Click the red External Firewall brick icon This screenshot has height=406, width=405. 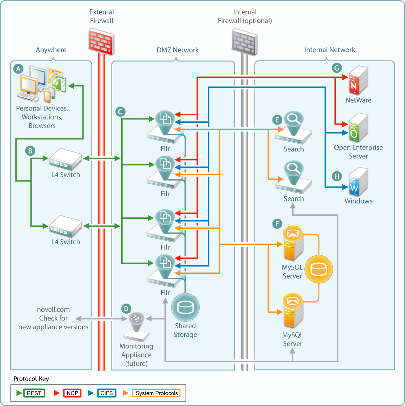click(x=101, y=41)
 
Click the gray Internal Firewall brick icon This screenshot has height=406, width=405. click(x=245, y=42)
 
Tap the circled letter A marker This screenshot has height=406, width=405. click(x=18, y=68)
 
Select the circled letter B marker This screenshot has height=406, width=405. click(x=30, y=151)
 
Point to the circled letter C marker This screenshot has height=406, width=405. click(x=120, y=112)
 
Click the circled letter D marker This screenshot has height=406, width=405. click(x=126, y=309)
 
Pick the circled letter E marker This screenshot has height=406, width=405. click(x=277, y=120)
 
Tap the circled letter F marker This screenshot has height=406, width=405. click(x=277, y=223)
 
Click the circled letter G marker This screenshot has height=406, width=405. click(x=337, y=68)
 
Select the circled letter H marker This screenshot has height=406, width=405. click(x=337, y=176)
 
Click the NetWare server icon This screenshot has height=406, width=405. click(x=358, y=80)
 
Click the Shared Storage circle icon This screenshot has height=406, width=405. click(x=185, y=307)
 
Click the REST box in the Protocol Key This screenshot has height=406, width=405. click(x=34, y=393)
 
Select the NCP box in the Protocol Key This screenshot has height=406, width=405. click(x=72, y=393)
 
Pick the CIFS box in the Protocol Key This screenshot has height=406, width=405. click(x=107, y=393)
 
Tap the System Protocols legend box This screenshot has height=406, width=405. click(x=157, y=393)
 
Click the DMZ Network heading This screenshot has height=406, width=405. click(x=177, y=50)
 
